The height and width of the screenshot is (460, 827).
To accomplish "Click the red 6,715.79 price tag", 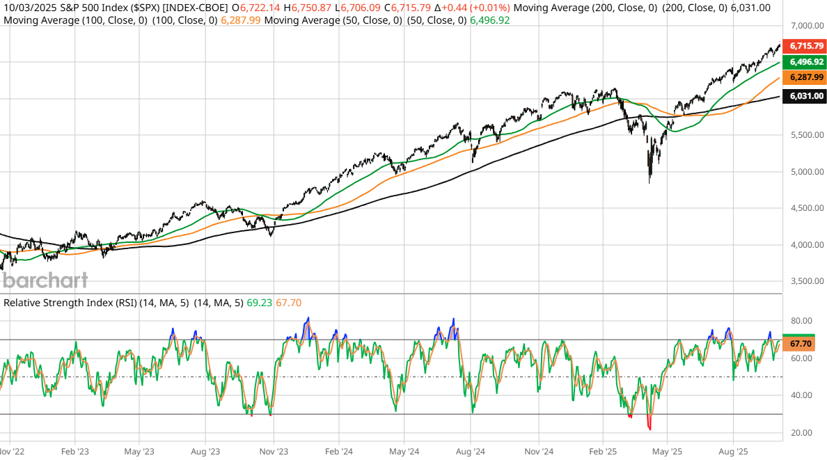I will tap(803, 46).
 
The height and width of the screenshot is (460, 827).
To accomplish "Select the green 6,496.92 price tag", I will tap(803, 62).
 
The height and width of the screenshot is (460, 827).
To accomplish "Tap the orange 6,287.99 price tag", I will tap(803, 77).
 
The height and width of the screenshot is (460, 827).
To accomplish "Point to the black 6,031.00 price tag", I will tap(803, 96).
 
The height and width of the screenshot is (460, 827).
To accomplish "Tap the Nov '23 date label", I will tap(274, 450).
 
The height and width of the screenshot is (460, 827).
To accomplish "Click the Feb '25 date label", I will tap(602, 450).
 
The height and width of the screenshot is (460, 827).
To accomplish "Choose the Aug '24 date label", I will tap(470, 450).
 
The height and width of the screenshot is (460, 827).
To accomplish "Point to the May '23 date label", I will tap(139, 450).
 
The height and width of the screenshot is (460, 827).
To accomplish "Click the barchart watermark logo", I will tap(45, 280).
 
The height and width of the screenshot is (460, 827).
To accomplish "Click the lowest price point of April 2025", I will tap(649, 182).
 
